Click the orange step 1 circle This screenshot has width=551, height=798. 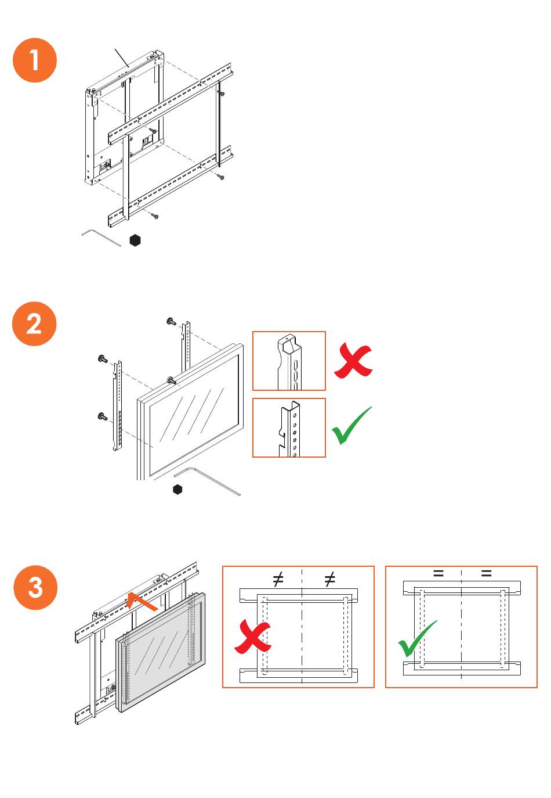(x=35, y=60)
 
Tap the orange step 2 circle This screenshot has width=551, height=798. (x=34, y=323)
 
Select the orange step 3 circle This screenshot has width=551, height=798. (x=35, y=587)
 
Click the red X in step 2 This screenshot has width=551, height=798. (x=353, y=360)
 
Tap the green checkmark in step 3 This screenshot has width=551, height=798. (x=416, y=639)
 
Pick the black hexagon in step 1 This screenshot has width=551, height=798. (x=135, y=240)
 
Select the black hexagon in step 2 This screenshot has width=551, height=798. (x=178, y=490)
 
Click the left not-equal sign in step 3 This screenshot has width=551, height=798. (x=278, y=579)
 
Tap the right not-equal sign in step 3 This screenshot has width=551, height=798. (x=330, y=579)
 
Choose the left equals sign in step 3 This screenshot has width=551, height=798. (x=438, y=574)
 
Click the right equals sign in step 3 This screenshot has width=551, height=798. (x=486, y=574)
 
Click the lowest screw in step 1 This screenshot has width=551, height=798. (x=155, y=216)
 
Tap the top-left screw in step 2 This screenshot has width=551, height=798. (x=103, y=360)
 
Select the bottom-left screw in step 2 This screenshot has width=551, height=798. (x=103, y=416)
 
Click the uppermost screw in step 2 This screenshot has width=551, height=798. (x=171, y=321)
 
